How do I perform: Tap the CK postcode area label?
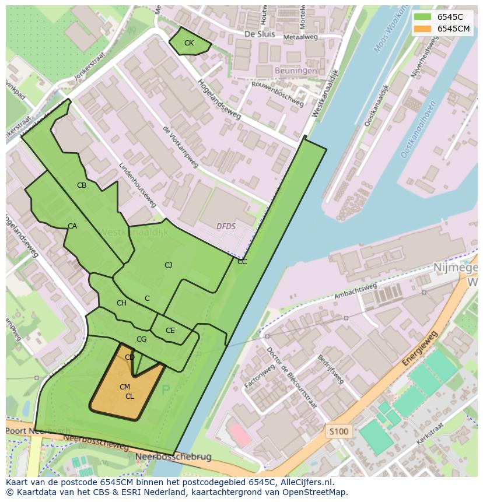click(188, 43)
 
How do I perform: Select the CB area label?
click(82, 185)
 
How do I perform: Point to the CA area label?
click(72, 226)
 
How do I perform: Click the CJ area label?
click(168, 265)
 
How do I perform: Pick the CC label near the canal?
click(242, 262)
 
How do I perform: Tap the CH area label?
click(121, 303)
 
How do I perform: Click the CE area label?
click(170, 331)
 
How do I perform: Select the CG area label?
click(141, 339)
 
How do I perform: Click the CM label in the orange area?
click(124, 387)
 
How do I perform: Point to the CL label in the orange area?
click(129, 396)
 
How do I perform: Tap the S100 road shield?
click(338, 432)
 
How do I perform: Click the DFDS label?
click(226, 226)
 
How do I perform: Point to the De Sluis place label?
click(259, 34)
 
